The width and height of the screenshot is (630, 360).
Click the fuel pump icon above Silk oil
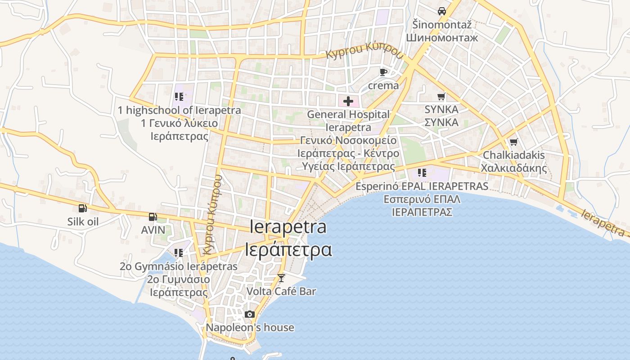coord(83,208)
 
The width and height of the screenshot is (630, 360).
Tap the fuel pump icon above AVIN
coord(153,217)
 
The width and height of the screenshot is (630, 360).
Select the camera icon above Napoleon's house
coord(250,314)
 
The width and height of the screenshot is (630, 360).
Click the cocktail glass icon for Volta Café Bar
coord(281,278)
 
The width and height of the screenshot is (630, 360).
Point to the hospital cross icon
coord(348,101)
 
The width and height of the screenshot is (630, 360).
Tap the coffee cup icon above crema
coord(383,72)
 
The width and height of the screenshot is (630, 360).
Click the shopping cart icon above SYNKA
coord(441,96)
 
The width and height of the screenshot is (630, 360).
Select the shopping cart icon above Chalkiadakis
coord(513,142)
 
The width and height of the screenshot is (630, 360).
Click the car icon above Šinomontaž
coord(442,11)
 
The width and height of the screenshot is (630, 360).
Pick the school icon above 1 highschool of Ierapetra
coord(179,97)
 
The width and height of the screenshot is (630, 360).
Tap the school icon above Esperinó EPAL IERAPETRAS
coord(422,173)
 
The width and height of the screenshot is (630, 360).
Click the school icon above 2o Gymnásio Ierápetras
coord(179,253)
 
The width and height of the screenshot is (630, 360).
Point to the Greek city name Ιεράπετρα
coord(288,249)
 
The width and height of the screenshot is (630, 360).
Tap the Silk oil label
coord(83,221)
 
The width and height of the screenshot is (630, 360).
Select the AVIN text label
coord(153,230)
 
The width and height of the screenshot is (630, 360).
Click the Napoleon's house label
coord(250,328)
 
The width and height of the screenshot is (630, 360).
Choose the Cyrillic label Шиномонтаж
coord(442,37)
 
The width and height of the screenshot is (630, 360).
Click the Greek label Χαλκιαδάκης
coord(513,168)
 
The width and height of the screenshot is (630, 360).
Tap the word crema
coord(383,85)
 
